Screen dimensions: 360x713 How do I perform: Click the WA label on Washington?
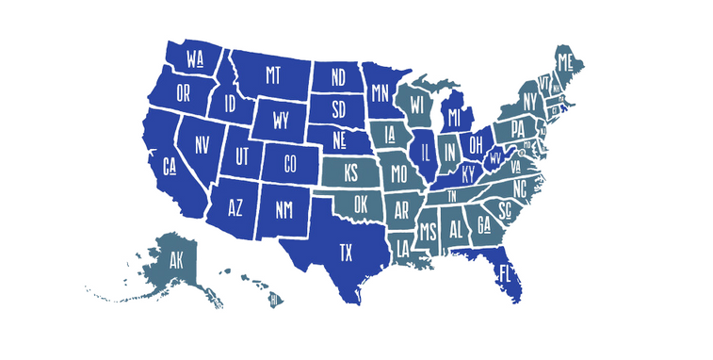pos(196,59)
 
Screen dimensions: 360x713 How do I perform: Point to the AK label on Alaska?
pos(176,260)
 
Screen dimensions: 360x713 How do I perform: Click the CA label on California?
pos(170,167)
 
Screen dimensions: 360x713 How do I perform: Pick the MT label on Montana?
pos(273,74)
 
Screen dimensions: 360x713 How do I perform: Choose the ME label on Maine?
pos(566,63)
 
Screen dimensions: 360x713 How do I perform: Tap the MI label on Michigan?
pos(455,118)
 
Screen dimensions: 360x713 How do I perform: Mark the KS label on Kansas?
pos(350,173)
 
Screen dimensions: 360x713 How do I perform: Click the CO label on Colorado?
pos(289,163)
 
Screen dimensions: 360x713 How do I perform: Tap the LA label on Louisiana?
pos(402,249)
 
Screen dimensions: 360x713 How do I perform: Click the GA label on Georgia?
pos(484,224)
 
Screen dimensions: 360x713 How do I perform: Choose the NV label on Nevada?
pos(202,145)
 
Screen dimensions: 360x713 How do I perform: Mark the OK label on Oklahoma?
pos(359,204)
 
